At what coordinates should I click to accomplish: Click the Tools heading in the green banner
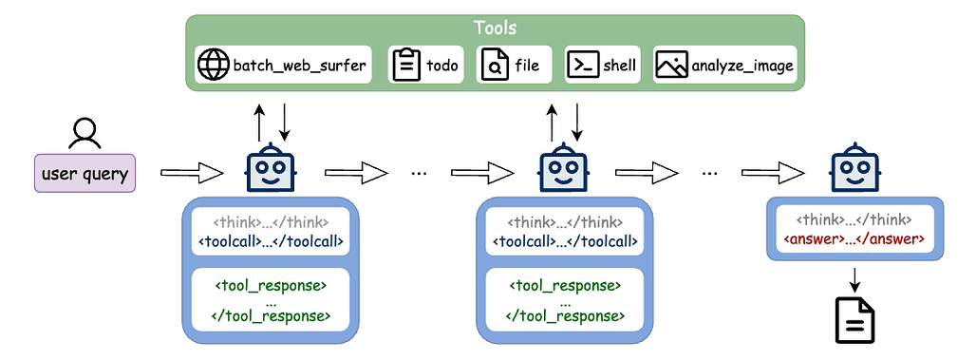click(494, 29)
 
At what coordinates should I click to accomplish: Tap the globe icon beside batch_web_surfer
click(214, 66)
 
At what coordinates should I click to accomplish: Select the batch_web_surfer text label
click(299, 66)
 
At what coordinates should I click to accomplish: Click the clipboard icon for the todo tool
click(406, 66)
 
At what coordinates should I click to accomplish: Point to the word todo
click(441, 66)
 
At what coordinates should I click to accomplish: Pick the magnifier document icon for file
click(494, 66)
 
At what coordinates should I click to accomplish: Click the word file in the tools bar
click(528, 66)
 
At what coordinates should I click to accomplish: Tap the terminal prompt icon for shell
click(582, 66)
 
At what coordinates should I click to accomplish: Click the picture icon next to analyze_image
click(671, 66)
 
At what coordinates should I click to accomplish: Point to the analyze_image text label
click(742, 66)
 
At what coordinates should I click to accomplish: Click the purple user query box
click(85, 174)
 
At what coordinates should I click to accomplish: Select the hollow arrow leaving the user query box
click(191, 174)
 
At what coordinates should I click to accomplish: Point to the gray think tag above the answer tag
click(853, 220)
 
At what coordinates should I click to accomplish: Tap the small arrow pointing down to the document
click(853, 279)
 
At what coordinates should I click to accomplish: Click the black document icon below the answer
click(853, 320)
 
